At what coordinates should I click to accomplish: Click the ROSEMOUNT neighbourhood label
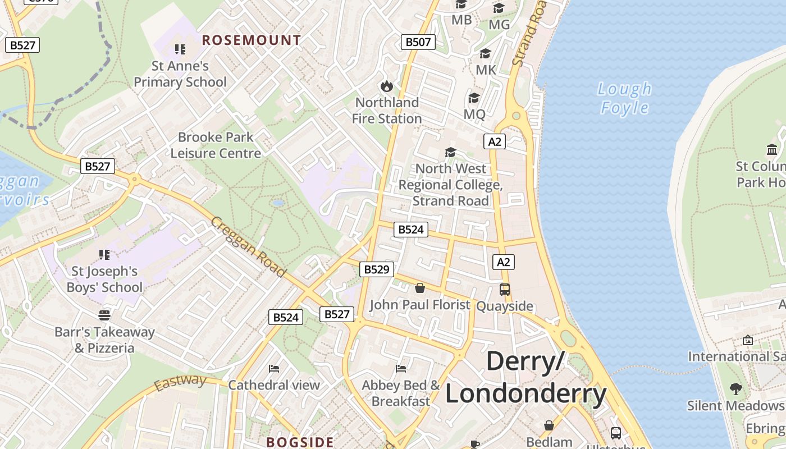click(x=252, y=40)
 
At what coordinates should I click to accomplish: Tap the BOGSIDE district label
click(x=300, y=442)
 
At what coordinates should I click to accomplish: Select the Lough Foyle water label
click(x=624, y=98)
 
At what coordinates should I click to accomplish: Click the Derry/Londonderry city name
click(x=525, y=377)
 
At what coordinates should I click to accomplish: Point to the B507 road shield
click(x=418, y=42)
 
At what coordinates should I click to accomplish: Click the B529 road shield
click(x=376, y=269)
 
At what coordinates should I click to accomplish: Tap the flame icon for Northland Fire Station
click(x=386, y=86)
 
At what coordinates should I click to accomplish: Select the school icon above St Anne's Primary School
click(x=180, y=49)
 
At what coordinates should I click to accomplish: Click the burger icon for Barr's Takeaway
click(x=104, y=315)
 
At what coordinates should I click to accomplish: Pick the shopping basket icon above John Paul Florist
click(x=419, y=288)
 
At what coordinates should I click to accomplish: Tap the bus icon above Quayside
click(x=504, y=290)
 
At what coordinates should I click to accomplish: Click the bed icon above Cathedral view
click(x=274, y=369)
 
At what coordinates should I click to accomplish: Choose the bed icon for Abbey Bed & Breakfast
click(x=401, y=369)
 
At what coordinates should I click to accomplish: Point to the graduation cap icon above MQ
click(x=474, y=98)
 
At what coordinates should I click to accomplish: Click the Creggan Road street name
click(x=248, y=247)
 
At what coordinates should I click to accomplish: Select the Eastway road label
click(x=180, y=383)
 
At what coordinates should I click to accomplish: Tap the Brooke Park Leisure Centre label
click(x=216, y=145)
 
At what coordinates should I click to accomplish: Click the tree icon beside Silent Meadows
click(x=735, y=388)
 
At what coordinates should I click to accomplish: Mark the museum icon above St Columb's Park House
click(x=772, y=149)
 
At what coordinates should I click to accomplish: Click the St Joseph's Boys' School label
click(x=104, y=280)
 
